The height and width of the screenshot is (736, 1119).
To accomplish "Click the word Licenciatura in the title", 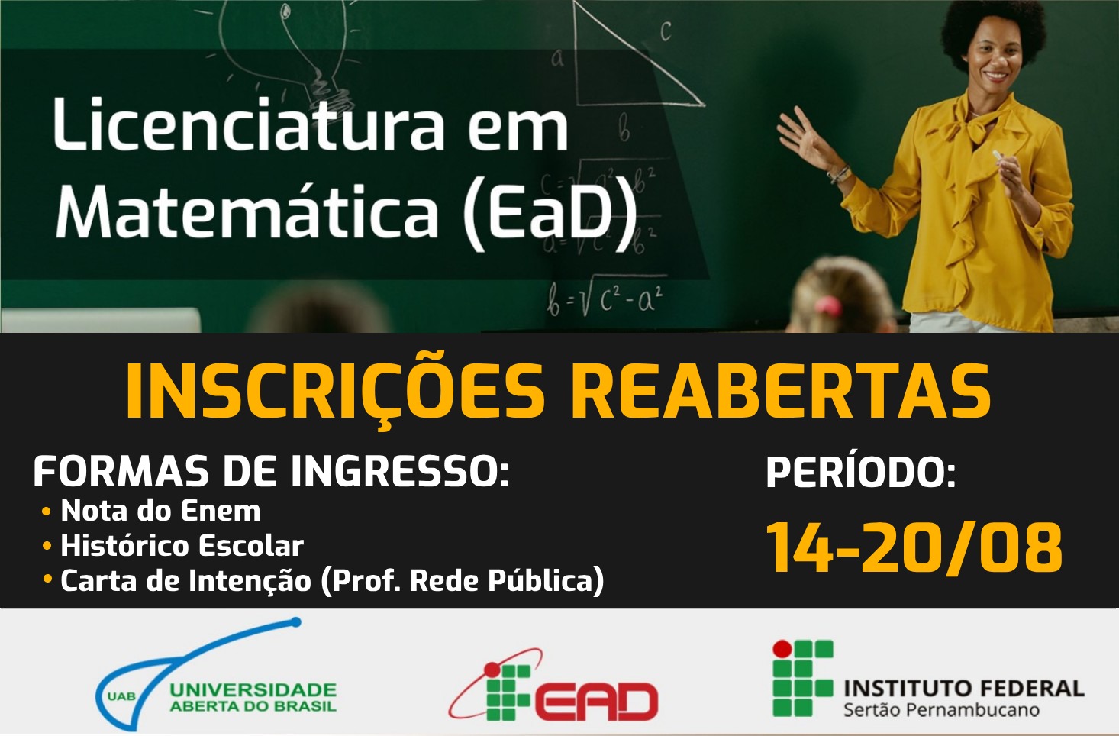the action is (248, 124).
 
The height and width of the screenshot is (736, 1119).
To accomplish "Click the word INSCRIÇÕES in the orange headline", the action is (335, 393).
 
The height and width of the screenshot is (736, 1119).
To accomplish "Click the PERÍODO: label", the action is (861, 472).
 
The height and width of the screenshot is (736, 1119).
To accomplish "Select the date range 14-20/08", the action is (914, 547).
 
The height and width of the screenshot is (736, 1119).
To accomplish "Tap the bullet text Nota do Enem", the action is (160, 511).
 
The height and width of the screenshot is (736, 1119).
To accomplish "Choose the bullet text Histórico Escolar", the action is (182, 545).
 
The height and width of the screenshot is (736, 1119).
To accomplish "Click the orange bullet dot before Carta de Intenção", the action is (47, 579).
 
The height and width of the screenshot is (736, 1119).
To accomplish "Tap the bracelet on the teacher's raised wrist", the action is (838, 175).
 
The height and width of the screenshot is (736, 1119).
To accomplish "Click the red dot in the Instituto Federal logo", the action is (782, 648).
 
